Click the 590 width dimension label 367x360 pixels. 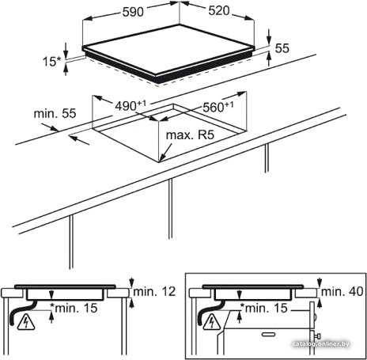(133, 12)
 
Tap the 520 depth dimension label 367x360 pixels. (219, 11)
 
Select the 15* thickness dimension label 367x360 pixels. (51, 62)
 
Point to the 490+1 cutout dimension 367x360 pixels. (131, 106)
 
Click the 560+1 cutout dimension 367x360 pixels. (218, 107)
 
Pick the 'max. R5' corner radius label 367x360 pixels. (190, 135)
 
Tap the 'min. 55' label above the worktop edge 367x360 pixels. (55, 113)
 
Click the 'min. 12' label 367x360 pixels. (154, 291)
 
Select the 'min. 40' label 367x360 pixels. (342, 291)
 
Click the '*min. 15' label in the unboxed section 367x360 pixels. (74, 308)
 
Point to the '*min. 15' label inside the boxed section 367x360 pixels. (263, 308)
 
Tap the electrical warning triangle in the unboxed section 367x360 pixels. (26, 323)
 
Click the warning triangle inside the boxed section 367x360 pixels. (212, 322)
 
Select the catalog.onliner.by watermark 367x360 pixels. (321, 344)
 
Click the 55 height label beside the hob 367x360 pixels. (282, 48)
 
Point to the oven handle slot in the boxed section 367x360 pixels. (268, 335)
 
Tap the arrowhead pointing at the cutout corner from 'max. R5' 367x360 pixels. (162, 158)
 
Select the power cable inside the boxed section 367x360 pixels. (210, 312)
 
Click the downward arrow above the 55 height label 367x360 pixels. (269, 36)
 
